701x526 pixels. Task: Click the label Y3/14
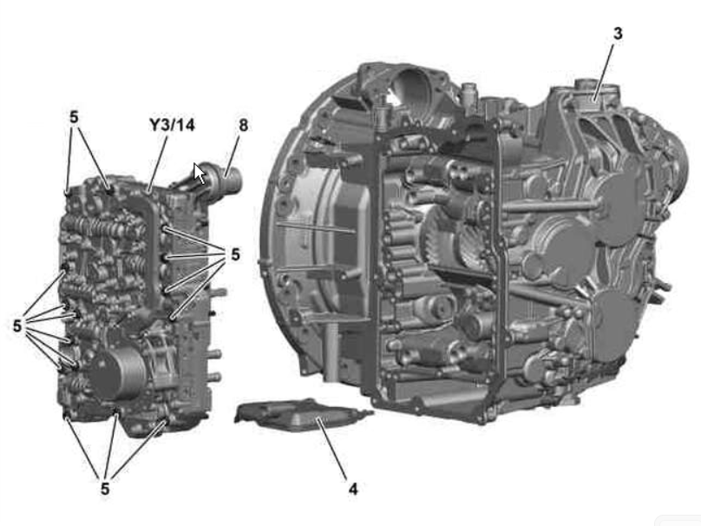click(x=172, y=125)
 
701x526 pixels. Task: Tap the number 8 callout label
click(x=243, y=125)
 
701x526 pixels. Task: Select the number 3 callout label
click(x=618, y=33)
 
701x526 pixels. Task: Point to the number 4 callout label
click(x=353, y=489)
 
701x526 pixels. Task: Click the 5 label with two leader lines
click(x=74, y=117)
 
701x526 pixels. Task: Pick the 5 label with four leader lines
click(x=235, y=254)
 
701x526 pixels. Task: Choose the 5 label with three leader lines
click(x=105, y=489)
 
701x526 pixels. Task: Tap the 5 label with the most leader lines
click(x=17, y=325)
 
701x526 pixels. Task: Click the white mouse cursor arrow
click(x=200, y=174)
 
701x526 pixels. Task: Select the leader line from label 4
click(x=331, y=449)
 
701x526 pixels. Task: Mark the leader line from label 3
click(x=604, y=71)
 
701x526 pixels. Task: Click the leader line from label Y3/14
click(x=158, y=164)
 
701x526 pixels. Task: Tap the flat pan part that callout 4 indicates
click(x=303, y=415)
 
